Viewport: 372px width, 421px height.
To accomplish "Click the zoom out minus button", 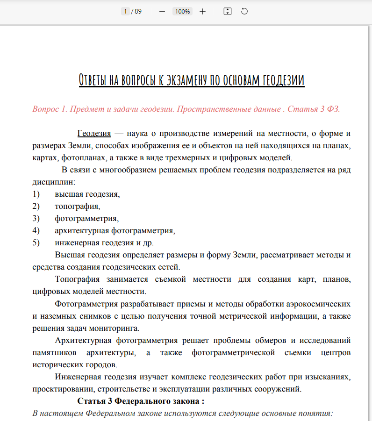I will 162,11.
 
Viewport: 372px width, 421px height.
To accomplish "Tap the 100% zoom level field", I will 182,11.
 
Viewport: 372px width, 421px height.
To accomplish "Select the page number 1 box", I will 125,11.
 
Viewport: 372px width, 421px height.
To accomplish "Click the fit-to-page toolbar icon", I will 228,11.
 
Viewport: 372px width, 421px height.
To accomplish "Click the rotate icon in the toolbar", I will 244,11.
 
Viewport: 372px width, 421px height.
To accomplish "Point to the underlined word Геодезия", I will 94,134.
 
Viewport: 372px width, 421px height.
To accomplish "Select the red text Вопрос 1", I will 50,109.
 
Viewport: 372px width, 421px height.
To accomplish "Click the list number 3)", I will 36,218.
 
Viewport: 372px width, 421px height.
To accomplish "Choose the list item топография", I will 77,206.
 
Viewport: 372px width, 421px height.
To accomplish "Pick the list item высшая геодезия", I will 87,194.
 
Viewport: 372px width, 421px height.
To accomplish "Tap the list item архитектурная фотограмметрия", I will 114,230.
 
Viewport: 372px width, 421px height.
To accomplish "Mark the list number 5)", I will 36,243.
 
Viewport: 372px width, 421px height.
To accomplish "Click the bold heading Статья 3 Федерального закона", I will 140,401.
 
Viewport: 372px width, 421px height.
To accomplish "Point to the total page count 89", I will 138,11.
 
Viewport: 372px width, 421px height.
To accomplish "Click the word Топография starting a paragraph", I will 77,279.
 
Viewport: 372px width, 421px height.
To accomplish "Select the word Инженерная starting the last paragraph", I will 78,377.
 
